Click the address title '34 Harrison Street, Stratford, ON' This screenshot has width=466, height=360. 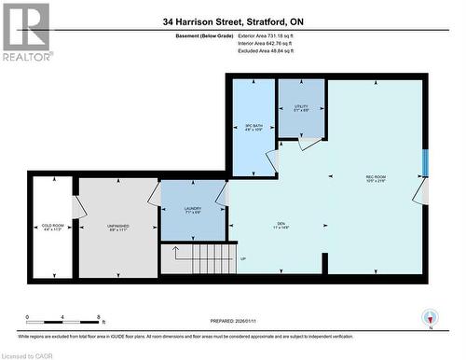point(232,21)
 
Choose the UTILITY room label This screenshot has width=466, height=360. point(300,108)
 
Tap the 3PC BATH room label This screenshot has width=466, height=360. point(254,126)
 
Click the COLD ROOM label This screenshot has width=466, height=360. point(53,226)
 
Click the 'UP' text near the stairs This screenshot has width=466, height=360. point(243,258)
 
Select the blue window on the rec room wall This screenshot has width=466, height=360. point(425,161)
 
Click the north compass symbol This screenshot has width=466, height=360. point(430,317)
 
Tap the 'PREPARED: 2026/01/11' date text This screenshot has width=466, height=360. point(233,317)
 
